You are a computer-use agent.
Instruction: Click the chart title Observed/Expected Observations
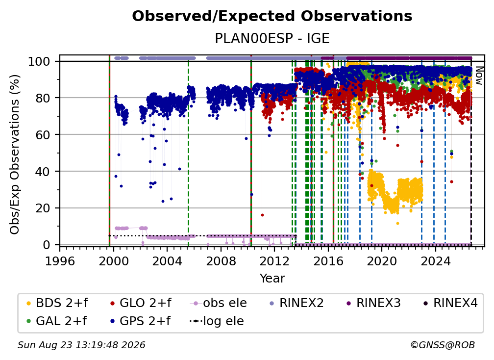272,16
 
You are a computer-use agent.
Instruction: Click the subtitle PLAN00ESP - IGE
272,38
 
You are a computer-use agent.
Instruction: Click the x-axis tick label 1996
60,261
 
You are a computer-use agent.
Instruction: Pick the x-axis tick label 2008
221,261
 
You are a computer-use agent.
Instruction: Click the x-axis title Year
272,279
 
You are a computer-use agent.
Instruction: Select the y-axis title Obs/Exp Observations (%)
15,154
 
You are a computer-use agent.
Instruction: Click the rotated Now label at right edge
479,76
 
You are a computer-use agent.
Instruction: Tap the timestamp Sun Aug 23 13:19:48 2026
81,345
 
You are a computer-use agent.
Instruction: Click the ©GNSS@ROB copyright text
443,345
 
